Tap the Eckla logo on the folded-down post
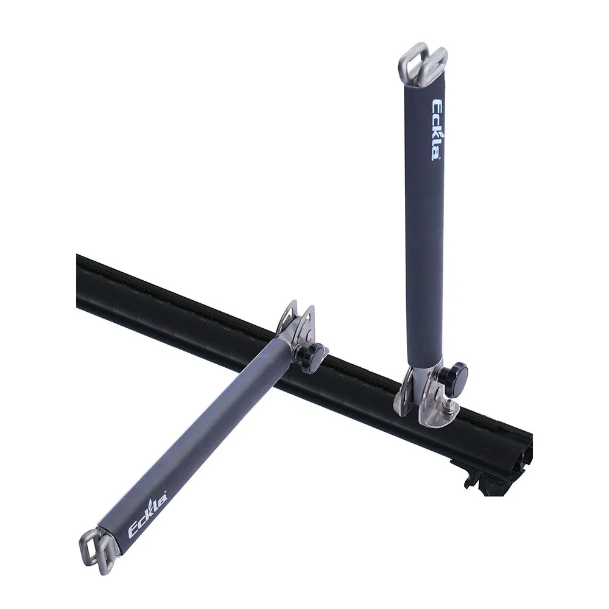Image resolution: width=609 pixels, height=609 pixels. [x=148, y=512]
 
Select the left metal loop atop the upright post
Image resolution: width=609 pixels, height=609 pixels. [x=414, y=63]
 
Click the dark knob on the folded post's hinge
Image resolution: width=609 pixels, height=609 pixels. [x=315, y=353]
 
